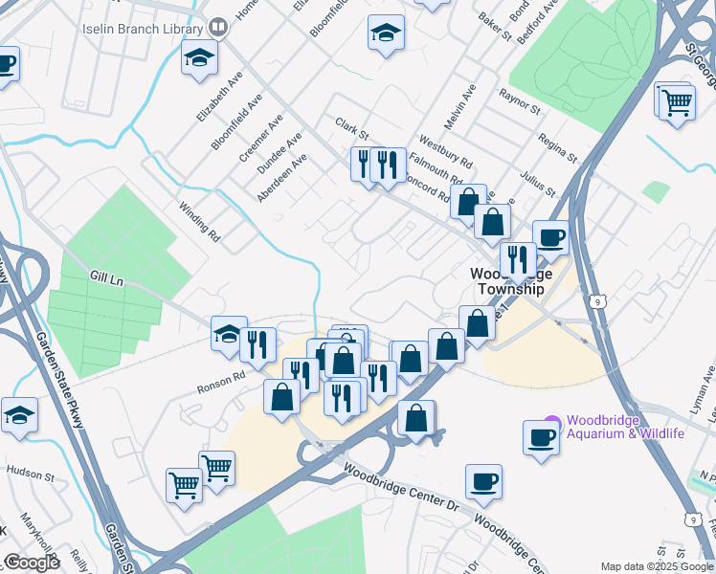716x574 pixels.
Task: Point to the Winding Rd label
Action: point(199,221)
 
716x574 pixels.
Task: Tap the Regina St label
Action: point(557,146)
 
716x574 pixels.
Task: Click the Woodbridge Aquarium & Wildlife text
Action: point(626,428)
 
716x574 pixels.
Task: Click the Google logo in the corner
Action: point(32,563)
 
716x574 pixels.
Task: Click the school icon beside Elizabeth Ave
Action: point(200,57)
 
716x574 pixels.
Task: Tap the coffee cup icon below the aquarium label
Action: point(541,437)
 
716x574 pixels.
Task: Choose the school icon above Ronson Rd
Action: point(229,334)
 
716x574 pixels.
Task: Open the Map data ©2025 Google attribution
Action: point(657,566)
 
